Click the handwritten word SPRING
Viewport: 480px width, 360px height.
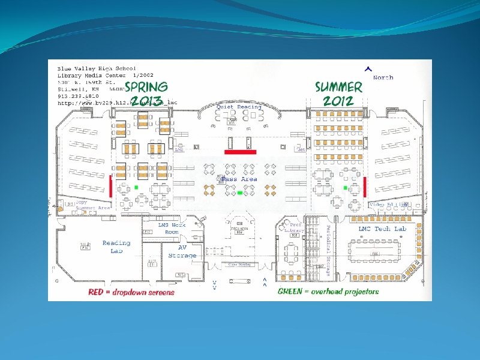146,86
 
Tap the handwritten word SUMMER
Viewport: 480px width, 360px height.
339,86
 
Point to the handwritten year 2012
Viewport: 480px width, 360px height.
339,100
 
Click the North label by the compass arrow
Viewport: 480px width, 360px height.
383,77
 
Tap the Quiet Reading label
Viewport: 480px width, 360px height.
239,107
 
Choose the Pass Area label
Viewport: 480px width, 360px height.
239,179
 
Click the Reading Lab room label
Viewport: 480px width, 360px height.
116,246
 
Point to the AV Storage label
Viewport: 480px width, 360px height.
182,251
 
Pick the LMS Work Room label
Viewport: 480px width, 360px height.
172,228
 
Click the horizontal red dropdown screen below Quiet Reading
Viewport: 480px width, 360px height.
240,152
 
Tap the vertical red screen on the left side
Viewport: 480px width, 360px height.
110,185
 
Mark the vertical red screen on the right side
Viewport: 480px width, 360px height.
365,186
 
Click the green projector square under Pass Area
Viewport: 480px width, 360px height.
239,193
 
